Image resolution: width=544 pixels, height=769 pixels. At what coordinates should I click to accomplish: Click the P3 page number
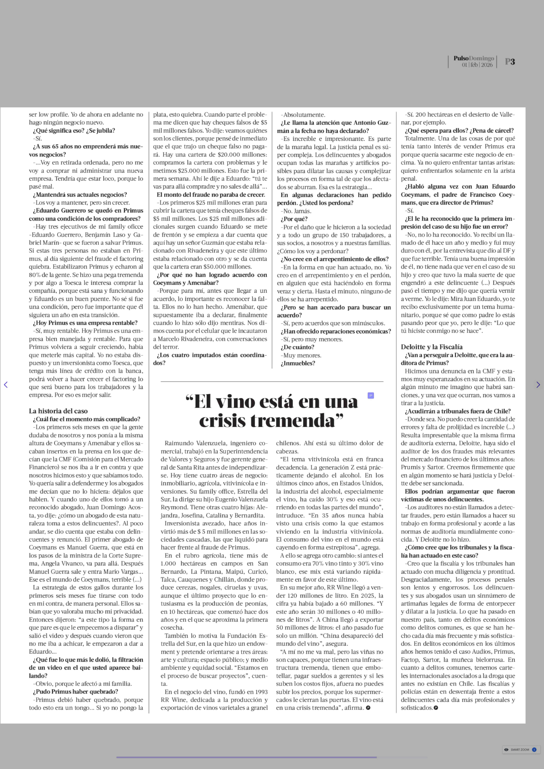coord(510,62)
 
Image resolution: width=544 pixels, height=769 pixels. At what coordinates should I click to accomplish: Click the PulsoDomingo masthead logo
coord(474,58)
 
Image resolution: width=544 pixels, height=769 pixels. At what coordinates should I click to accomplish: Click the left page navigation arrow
coord(6,385)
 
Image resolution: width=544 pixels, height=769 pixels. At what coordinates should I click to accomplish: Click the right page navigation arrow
coord(538,385)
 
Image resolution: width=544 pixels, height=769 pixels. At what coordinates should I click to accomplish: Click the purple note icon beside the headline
coord(370,396)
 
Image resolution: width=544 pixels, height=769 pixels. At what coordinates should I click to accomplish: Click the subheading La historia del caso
coord(58,411)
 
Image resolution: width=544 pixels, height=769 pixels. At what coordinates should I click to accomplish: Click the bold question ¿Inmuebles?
coord(298,363)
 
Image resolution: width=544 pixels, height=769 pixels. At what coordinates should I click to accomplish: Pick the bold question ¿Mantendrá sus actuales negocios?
coord(80,195)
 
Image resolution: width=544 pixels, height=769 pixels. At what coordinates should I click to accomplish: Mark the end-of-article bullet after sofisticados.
coord(436,708)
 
